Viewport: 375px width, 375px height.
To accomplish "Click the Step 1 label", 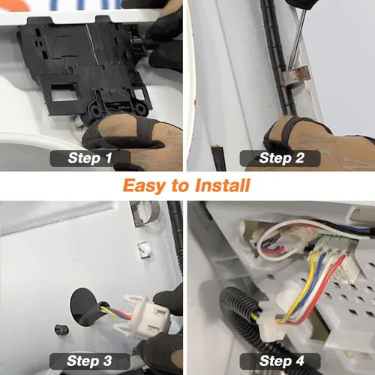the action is pyautogui.click(x=90, y=158).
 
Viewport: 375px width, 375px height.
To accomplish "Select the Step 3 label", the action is pyautogui.click(x=90, y=361).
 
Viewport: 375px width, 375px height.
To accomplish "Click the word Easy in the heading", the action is pyautogui.click(x=145, y=186).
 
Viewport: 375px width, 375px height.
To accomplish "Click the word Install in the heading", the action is pyautogui.click(x=223, y=185).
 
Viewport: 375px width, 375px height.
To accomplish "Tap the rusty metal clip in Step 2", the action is pyautogui.click(x=295, y=76).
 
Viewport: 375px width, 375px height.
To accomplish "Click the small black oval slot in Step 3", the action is pyautogui.click(x=61, y=330).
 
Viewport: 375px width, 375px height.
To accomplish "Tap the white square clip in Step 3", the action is pyautogui.click(x=145, y=250).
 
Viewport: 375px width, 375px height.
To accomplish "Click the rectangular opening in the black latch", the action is pyautogui.click(x=64, y=92).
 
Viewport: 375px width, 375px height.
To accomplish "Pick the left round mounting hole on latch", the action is pyautogui.click(x=96, y=110).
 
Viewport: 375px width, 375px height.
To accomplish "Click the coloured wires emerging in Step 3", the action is pyautogui.click(x=117, y=310).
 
